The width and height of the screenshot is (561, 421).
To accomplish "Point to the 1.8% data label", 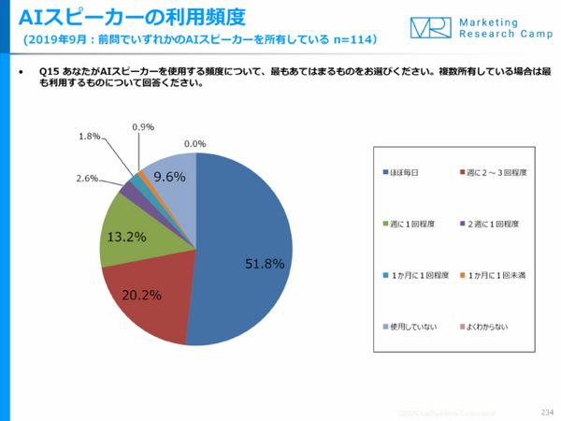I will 89,137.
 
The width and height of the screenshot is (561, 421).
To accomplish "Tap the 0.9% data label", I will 143,126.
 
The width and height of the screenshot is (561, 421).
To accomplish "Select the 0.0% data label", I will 194,144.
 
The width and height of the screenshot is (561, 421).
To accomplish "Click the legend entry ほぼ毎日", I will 408,173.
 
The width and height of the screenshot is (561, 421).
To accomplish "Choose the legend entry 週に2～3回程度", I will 496,173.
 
